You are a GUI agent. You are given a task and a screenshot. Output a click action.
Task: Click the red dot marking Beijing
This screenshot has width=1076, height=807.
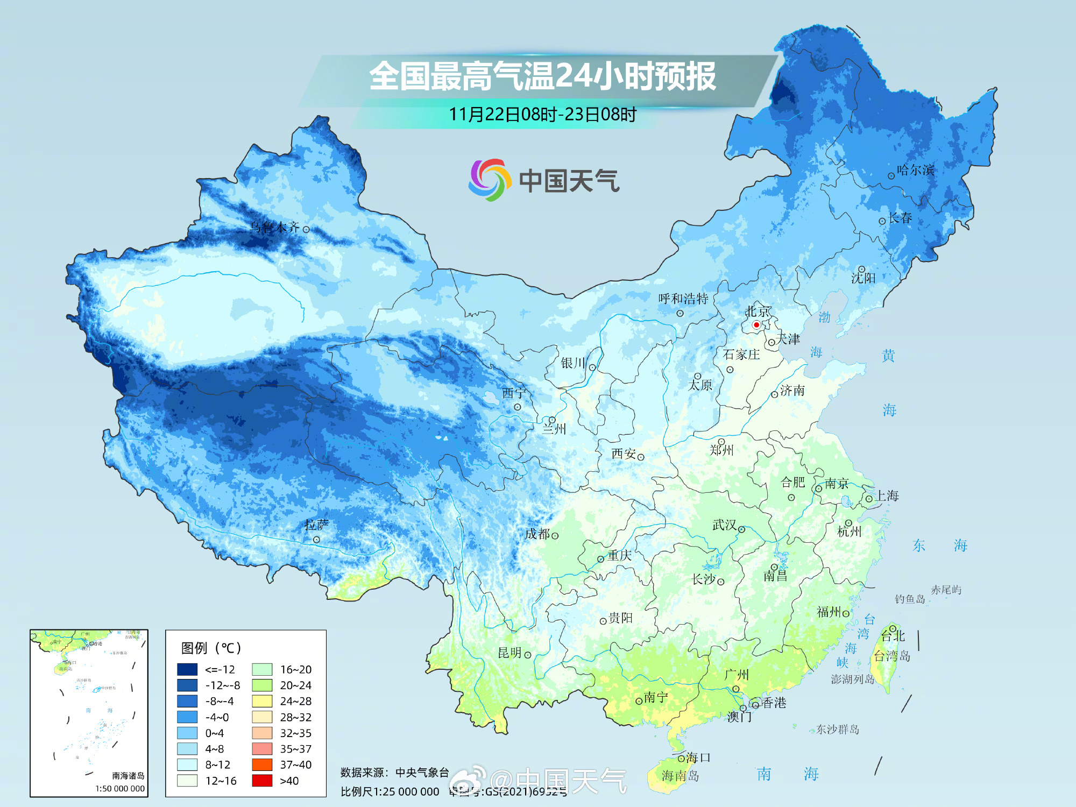pyautogui.click(x=756, y=325)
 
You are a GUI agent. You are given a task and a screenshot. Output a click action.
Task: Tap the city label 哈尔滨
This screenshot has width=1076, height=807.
pyautogui.click(x=915, y=170)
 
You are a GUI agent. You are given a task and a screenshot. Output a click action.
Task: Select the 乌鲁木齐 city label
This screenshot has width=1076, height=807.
pyautogui.click(x=274, y=228)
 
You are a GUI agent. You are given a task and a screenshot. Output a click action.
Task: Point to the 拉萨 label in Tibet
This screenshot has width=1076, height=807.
pyautogui.click(x=316, y=525)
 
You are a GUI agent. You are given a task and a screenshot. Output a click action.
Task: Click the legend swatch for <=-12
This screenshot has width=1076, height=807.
pyautogui.click(x=187, y=669)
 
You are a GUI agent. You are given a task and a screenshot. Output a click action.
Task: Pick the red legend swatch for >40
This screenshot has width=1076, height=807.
pyautogui.click(x=262, y=781)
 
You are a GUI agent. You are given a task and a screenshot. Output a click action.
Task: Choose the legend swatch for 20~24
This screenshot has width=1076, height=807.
pyautogui.click(x=262, y=685)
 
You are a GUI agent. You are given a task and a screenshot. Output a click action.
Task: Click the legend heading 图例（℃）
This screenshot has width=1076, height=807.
pyautogui.click(x=211, y=648)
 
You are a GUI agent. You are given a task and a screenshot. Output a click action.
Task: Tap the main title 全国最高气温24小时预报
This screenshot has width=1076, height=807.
pyautogui.click(x=542, y=76)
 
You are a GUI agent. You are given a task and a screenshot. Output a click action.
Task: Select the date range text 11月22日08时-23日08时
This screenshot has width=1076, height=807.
pyautogui.click(x=542, y=115)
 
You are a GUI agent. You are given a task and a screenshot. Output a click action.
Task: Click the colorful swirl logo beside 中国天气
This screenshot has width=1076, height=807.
pyautogui.click(x=489, y=180)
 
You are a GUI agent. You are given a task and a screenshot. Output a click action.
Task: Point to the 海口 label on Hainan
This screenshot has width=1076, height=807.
pyautogui.click(x=698, y=758)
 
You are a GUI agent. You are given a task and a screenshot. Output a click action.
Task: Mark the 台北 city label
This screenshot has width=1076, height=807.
pyautogui.click(x=893, y=636)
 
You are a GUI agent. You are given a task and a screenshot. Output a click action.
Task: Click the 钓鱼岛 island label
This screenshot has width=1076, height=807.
pyautogui.click(x=910, y=599)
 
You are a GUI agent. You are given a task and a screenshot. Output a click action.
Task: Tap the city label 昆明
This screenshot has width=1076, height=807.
pyautogui.click(x=509, y=653)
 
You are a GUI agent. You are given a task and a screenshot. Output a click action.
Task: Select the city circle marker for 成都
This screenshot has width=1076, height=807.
pyautogui.click(x=555, y=536)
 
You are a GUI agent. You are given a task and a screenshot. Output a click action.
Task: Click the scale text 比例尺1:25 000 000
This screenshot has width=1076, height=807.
pyautogui.click(x=390, y=792)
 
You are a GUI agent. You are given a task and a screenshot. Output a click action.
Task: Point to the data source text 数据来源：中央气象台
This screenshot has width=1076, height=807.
pyautogui.click(x=394, y=773)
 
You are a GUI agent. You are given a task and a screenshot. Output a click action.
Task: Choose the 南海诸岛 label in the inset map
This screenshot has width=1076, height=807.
pyautogui.click(x=128, y=776)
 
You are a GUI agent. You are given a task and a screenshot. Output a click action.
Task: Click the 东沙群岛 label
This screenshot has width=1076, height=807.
pyautogui.click(x=838, y=730)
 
